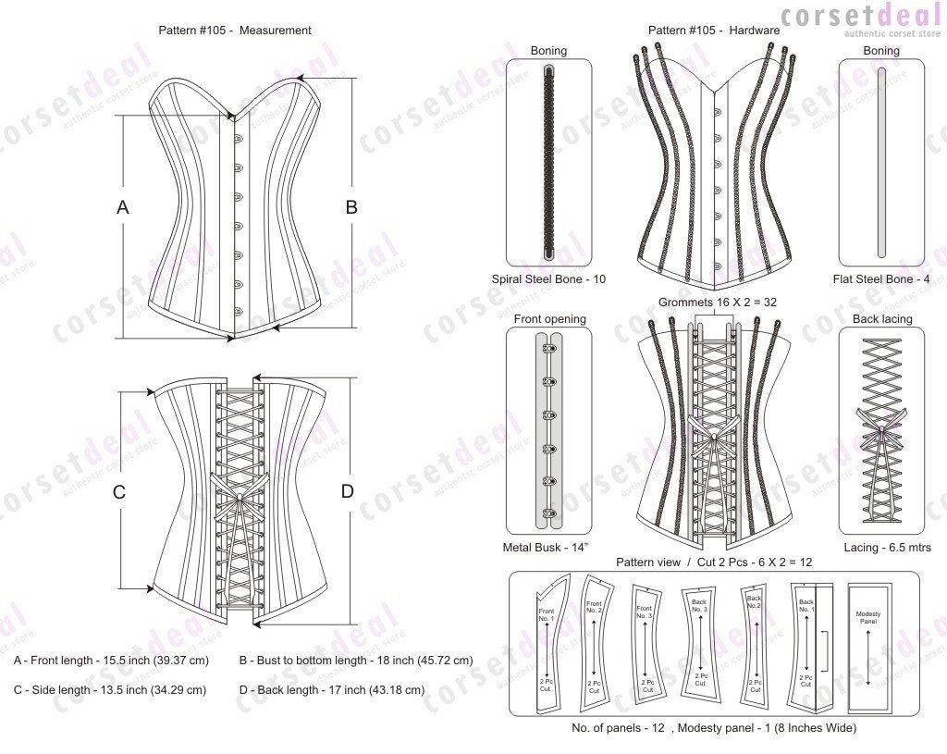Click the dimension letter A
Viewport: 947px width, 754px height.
point(122,208)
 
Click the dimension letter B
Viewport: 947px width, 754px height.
point(351,208)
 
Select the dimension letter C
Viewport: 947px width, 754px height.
point(119,492)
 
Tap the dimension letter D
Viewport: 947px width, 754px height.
point(348,492)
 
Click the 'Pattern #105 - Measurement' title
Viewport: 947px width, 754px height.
point(235,31)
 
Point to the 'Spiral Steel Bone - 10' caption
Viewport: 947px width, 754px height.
point(549,278)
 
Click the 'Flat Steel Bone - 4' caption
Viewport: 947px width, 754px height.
point(880,278)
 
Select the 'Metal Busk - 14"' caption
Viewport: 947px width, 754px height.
point(546,548)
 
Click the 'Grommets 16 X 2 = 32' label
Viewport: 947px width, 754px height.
point(713,303)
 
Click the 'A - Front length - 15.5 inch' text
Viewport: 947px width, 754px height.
point(111,661)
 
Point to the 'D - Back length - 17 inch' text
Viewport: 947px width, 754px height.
point(331,689)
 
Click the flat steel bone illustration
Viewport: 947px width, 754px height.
point(880,162)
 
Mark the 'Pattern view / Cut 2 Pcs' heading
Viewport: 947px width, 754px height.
point(714,562)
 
